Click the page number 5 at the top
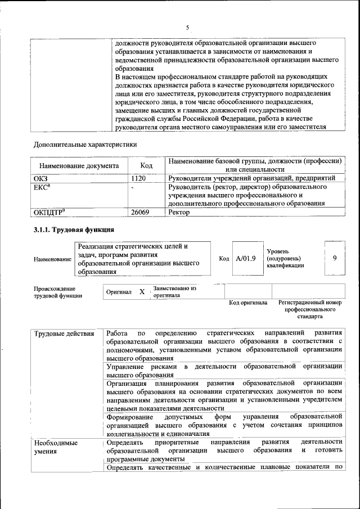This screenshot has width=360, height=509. click(187, 27)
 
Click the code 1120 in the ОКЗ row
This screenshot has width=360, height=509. click(138, 178)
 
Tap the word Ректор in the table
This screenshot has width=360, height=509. click(179, 213)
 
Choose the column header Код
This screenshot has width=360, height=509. click(146, 166)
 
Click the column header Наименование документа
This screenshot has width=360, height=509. click(79, 166)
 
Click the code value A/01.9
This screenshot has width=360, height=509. click(246, 258)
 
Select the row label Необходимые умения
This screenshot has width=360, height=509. click(55, 447)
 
